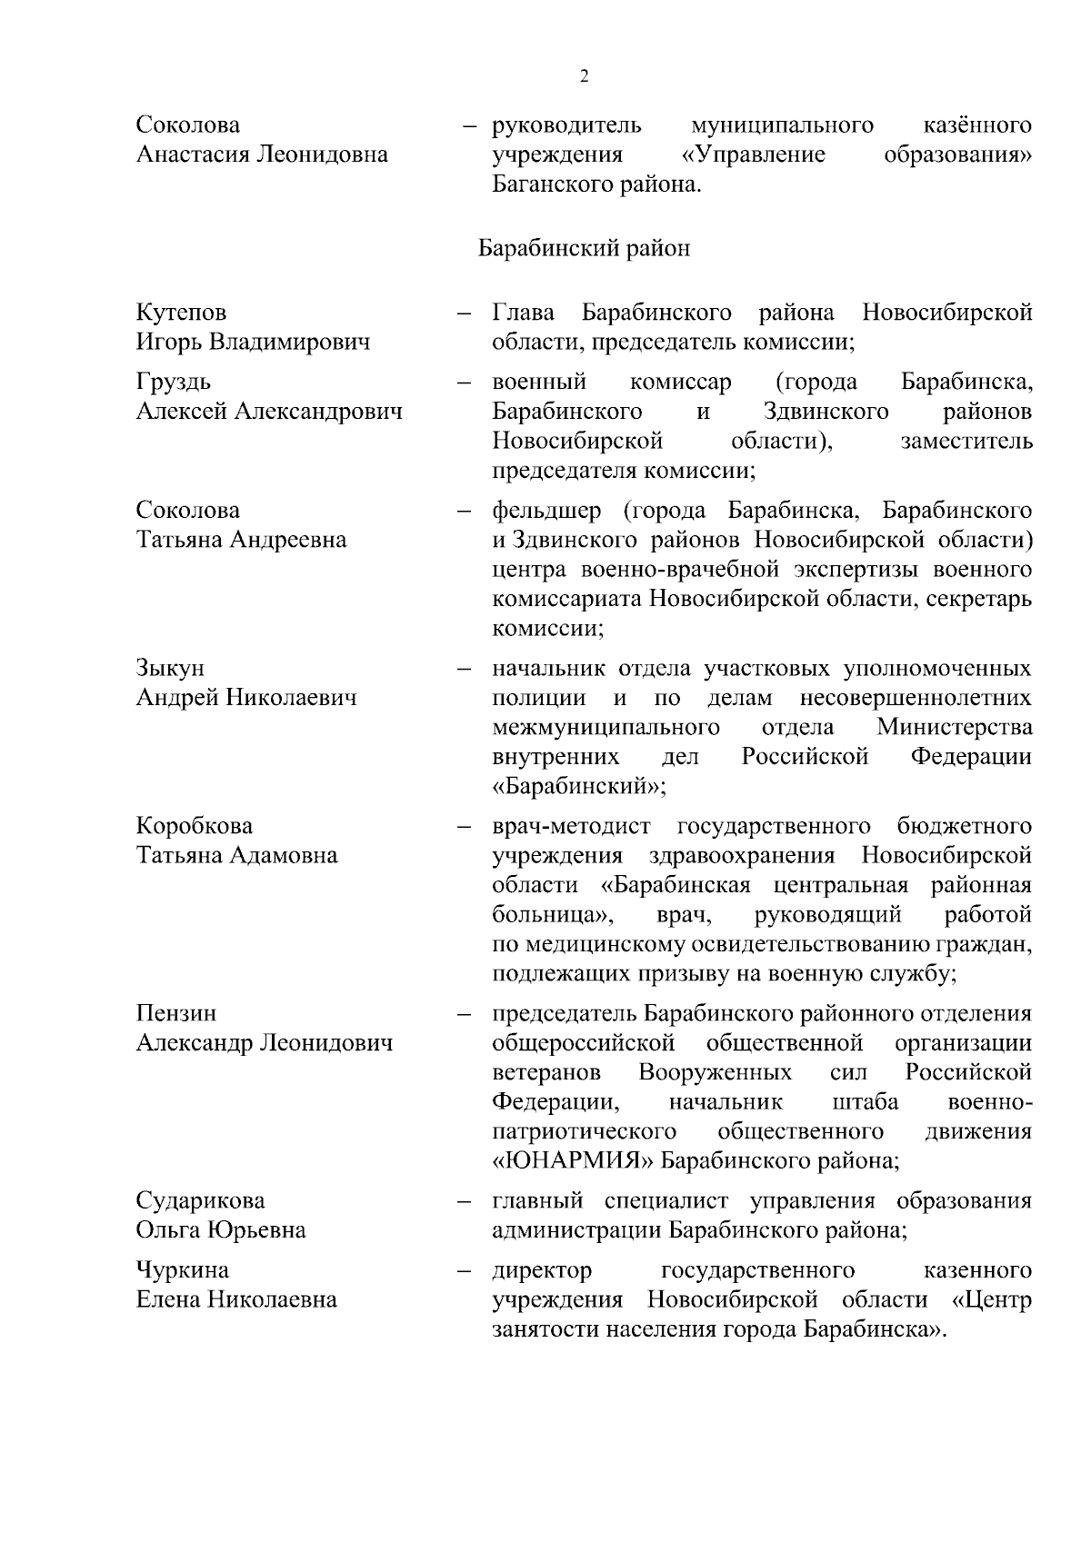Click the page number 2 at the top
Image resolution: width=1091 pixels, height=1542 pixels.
click(x=584, y=76)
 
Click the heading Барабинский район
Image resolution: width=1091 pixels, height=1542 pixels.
click(x=584, y=248)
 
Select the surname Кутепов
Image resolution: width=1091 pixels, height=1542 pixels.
click(x=182, y=313)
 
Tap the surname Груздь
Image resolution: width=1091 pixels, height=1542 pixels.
click(x=174, y=382)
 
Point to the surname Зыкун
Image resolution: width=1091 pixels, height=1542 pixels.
click(x=170, y=668)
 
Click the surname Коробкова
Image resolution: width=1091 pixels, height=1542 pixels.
click(x=195, y=826)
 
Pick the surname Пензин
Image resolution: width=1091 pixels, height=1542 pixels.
click(x=176, y=1013)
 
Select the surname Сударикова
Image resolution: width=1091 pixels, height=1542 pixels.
click(x=201, y=1200)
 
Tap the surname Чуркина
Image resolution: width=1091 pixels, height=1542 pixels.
click(x=183, y=1269)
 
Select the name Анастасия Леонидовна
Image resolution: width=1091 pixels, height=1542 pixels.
click(x=262, y=154)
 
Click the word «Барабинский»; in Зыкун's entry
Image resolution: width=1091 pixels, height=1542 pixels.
click(x=579, y=786)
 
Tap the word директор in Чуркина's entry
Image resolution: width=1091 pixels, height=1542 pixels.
click(x=542, y=1269)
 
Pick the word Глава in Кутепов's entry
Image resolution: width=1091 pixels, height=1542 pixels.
click(x=524, y=313)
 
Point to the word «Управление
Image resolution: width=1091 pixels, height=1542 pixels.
click(x=754, y=154)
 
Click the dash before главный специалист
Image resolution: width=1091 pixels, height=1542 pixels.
click(x=465, y=1201)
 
